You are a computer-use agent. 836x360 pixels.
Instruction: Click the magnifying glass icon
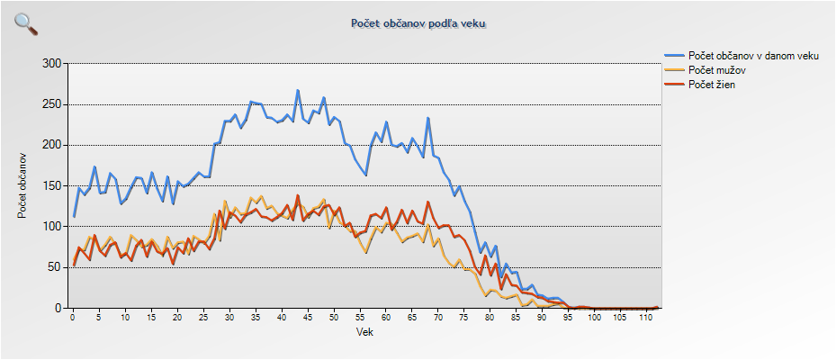[x=26, y=23]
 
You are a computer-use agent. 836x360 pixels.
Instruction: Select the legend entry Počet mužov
[x=717, y=69]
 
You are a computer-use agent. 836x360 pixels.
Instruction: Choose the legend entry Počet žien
[x=715, y=84]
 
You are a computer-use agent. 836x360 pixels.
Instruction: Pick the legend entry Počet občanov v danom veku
[x=752, y=56]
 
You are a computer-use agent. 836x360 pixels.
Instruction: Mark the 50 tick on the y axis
[x=53, y=267]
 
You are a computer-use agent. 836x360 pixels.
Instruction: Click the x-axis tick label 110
[x=645, y=318]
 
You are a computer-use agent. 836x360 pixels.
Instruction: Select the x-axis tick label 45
[x=308, y=318]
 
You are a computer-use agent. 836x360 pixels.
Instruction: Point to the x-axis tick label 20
[x=177, y=318]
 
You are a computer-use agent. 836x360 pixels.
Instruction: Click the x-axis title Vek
[x=364, y=332]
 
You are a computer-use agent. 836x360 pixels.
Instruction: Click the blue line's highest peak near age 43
[x=298, y=91]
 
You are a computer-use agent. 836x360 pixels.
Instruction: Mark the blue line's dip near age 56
[x=365, y=175]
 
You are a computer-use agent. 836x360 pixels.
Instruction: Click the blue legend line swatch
[x=673, y=56]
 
